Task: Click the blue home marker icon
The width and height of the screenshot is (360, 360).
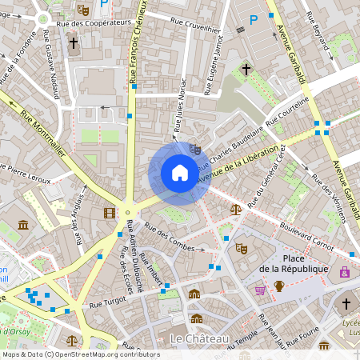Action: tap(179, 173)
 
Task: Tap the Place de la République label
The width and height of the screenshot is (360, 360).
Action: tap(294, 263)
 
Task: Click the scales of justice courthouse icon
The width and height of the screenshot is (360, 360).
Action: tap(235, 209)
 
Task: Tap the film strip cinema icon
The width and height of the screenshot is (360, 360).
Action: tap(109, 212)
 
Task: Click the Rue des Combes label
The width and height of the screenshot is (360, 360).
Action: tap(170, 240)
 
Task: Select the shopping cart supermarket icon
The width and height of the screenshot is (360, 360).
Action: tap(260, 290)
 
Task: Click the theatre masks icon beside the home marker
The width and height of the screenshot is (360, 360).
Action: tap(195, 149)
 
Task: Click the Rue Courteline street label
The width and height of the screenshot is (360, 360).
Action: tap(286, 122)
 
